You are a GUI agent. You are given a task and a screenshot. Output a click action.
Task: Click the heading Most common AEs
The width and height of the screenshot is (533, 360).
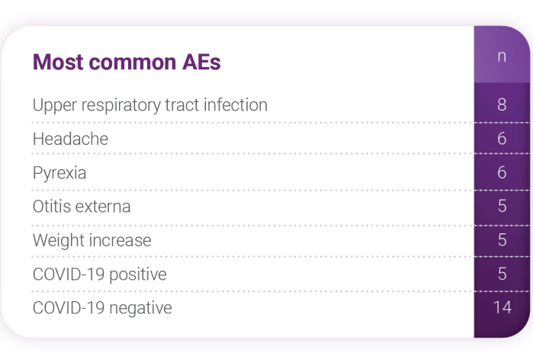tap(127, 62)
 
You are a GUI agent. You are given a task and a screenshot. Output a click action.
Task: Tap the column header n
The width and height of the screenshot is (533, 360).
tap(502, 56)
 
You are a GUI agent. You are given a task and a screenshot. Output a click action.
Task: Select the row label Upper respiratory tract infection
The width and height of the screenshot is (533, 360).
tap(150, 105)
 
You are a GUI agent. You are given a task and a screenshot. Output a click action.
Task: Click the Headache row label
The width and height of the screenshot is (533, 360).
tap(70, 139)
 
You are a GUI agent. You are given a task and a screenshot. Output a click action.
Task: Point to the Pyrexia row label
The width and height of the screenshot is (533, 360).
tap(59, 173)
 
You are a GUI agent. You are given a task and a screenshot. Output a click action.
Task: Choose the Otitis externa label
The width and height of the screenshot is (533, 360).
tap(82, 207)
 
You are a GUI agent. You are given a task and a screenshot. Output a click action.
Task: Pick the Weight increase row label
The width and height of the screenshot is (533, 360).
tap(92, 240)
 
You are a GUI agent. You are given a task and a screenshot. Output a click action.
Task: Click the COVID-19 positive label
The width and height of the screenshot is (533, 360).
tap(100, 275)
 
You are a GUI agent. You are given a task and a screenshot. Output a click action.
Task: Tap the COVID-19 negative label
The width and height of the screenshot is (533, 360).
tap(102, 308)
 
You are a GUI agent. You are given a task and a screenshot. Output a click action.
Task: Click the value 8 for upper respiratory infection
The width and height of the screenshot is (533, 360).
tap(502, 104)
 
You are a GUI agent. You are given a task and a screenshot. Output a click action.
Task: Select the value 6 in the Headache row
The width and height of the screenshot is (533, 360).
tap(502, 138)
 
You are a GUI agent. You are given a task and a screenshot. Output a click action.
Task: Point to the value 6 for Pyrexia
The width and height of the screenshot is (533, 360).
tap(502, 172)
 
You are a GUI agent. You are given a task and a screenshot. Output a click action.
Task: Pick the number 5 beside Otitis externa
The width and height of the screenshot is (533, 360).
tap(502, 206)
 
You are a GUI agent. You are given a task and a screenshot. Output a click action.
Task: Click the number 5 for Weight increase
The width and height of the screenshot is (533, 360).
tap(502, 240)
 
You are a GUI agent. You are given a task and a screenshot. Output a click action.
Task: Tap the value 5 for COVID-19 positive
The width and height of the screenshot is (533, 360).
tap(502, 274)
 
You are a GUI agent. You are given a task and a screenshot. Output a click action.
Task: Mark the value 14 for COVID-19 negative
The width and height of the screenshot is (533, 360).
tap(502, 307)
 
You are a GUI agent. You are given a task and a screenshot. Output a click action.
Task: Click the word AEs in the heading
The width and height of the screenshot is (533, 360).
tap(201, 62)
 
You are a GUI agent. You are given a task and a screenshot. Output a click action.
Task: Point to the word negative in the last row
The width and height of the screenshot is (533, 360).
tap(140, 309)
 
